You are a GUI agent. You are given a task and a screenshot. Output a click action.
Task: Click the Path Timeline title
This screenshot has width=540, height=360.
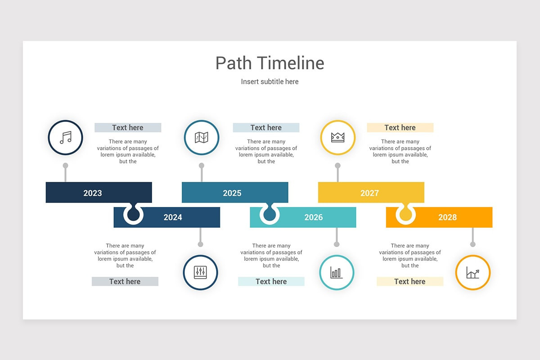point(270,63)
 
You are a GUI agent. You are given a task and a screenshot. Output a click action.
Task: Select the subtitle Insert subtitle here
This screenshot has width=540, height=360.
point(270,81)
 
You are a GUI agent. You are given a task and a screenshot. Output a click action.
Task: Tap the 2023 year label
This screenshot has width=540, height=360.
point(93,193)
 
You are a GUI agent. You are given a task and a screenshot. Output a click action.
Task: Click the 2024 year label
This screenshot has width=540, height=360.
point(173,217)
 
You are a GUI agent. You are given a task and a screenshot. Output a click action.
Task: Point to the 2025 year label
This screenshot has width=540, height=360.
point(232,193)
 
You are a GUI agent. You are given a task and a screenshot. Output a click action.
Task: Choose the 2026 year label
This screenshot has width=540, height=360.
point(314,217)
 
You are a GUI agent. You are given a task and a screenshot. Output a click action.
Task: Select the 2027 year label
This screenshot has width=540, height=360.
point(369,193)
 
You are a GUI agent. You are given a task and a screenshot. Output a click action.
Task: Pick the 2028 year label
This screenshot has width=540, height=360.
point(447,217)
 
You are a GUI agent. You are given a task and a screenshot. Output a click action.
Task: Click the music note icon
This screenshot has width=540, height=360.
point(66,137)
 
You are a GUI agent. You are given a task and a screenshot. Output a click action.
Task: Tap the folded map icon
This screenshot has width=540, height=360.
point(202,137)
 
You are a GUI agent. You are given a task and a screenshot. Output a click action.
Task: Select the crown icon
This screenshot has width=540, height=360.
point(337,137)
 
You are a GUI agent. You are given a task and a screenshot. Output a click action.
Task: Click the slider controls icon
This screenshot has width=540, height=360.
point(200,272)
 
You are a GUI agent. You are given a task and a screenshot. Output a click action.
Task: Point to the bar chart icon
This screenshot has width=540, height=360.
point(336,272)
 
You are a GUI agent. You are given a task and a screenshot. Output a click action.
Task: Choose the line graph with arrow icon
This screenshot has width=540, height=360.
point(472,272)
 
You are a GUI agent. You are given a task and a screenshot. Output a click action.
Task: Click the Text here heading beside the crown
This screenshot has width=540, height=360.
point(400,128)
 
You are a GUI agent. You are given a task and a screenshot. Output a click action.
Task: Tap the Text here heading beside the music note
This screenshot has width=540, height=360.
point(128,128)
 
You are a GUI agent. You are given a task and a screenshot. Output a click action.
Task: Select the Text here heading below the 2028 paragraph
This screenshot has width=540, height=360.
point(409,282)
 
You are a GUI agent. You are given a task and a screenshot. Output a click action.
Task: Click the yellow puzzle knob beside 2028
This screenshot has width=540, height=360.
point(406,215)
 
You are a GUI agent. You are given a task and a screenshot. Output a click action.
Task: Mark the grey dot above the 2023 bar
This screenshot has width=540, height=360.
point(66,166)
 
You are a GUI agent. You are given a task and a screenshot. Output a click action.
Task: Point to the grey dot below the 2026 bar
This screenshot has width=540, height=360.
point(337,244)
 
